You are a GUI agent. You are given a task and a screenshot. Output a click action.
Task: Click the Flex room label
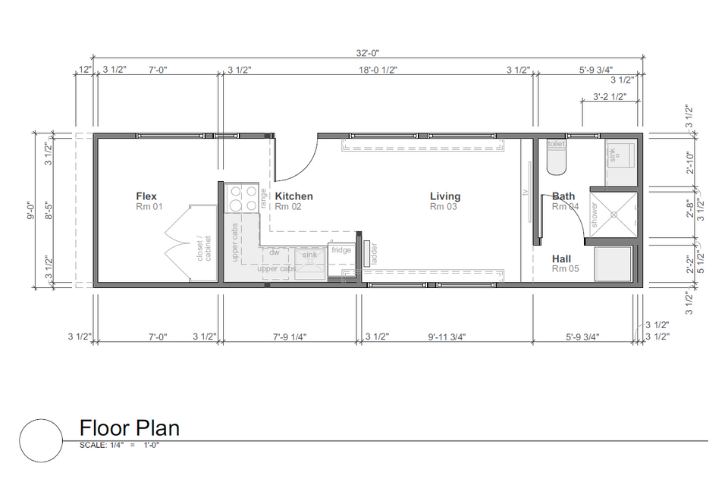(146, 196)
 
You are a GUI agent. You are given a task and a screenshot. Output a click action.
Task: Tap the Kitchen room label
(294, 196)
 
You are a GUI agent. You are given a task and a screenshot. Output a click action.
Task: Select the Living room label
(445, 196)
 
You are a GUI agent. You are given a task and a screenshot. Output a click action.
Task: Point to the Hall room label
(561, 259)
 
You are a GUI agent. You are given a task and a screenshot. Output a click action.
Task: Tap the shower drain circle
(613, 214)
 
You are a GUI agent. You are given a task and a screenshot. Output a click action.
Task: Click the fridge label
(341, 250)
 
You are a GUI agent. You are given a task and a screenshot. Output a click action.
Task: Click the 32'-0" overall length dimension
(368, 53)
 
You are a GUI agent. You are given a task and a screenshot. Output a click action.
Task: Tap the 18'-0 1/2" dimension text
(378, 70)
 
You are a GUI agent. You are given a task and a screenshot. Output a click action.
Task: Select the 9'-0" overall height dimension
(31, 210)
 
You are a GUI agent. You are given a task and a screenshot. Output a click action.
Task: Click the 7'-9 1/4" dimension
(290, 337)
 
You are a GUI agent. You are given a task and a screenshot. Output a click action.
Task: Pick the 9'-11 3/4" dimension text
(447, 337)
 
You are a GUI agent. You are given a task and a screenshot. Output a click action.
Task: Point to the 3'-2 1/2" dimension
(610, 96)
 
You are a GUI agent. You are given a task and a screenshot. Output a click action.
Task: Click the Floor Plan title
(130, 428)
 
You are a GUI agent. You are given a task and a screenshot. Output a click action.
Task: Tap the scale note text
(119, 445)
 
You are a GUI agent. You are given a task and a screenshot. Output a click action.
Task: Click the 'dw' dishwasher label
(275, 252)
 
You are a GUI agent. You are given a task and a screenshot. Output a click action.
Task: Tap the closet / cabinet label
(204, 249)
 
